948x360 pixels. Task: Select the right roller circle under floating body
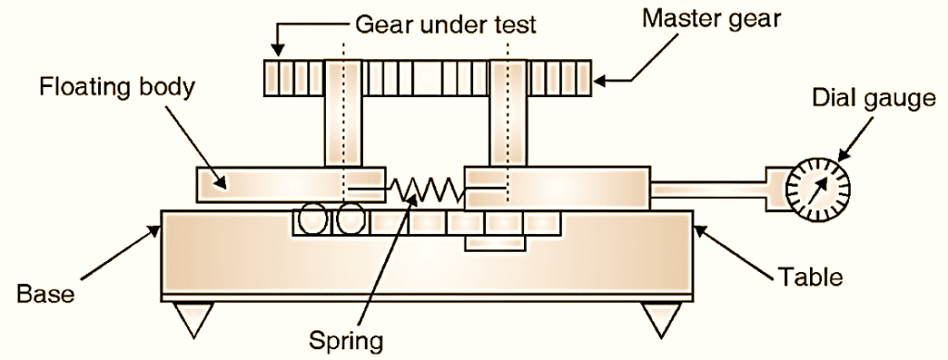pyautogui.click(x=351, y=221)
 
